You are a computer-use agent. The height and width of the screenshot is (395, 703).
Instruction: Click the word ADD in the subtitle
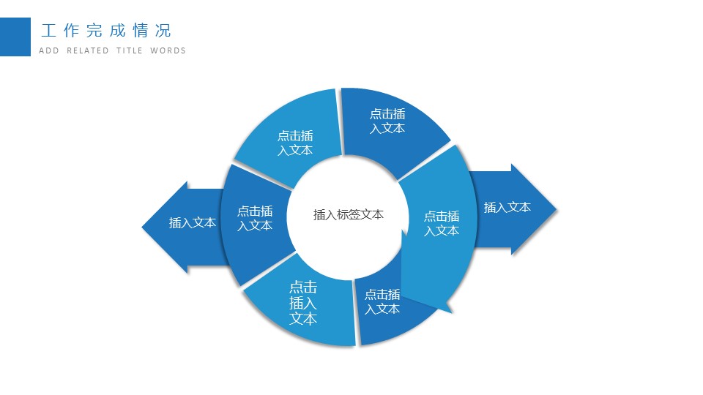tap(48, 51)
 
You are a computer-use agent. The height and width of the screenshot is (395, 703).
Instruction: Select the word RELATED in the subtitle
tap(88, 51)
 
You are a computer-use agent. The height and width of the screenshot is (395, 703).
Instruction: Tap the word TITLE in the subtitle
tap(130, 51)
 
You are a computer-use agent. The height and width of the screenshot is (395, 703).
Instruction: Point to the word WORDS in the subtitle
tap(168, 51)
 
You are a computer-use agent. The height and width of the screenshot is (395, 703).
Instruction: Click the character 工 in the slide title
tap(49, 31)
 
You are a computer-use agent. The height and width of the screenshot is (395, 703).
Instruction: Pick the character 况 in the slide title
tap(163, 31)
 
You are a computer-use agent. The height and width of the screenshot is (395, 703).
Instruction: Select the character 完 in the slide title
tap(94, 31)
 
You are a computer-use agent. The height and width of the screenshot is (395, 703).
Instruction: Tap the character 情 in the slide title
tap(141, 31)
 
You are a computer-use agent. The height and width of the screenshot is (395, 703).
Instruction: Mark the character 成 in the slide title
tap(117, 31)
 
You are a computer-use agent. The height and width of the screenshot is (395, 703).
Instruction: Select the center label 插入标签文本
tap(349, 215)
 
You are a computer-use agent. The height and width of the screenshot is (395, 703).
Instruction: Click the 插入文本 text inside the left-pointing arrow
tap(193, 223)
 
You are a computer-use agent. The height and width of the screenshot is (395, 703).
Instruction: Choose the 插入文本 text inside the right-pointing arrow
tap(507, 208)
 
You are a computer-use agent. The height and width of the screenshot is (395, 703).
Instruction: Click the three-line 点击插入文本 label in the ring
tap(303, 303)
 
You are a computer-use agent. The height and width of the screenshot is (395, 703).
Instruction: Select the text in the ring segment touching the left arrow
tap(255, 218)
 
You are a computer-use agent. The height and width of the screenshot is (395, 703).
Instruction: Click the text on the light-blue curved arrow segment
tap(442, 223)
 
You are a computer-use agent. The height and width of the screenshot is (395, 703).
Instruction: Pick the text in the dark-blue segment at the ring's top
tap(387, 121)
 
